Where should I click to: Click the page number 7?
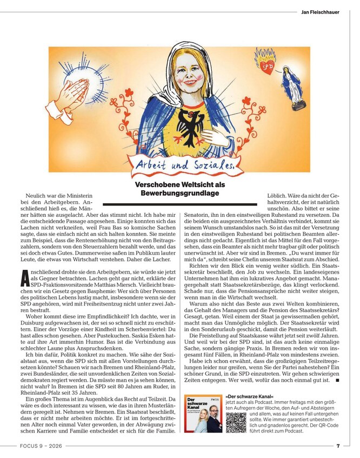(338, 446)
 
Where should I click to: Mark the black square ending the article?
(337, 381)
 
